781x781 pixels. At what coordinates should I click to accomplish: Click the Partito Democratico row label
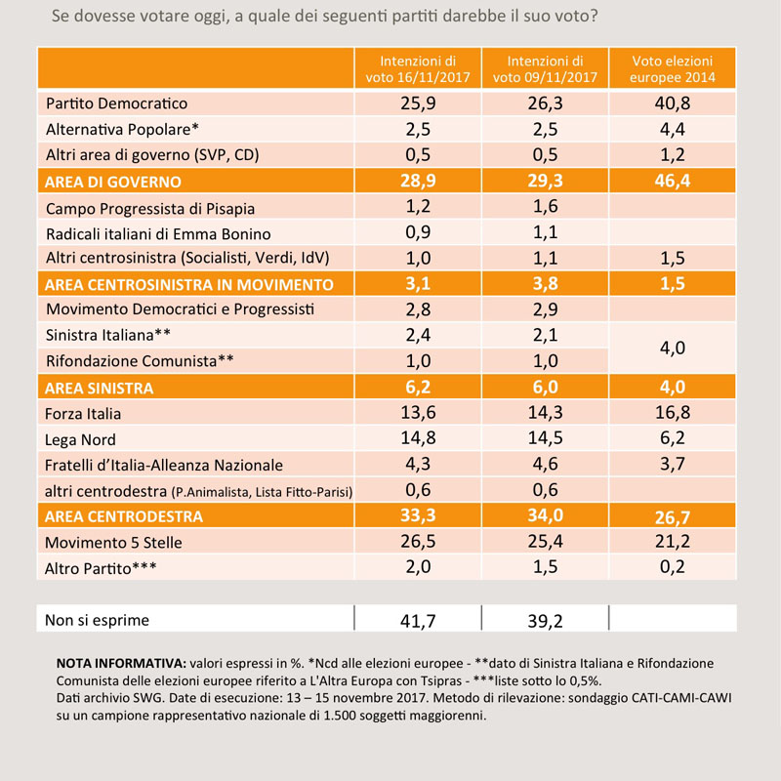[116, 103]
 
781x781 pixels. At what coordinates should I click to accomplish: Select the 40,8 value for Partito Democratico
[673, 103]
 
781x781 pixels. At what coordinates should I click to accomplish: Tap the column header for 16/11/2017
[418, 68]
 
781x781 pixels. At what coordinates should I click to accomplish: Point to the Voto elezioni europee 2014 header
[673, 68]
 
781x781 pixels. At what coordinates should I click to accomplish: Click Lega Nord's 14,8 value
[419, 437]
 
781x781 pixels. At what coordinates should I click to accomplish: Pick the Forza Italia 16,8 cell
[673, 412]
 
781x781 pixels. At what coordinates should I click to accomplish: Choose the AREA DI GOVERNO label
[113, 182]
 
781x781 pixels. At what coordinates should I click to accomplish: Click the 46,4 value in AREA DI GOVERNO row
[673, 181]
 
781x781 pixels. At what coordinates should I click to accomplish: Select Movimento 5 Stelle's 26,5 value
[419, 541]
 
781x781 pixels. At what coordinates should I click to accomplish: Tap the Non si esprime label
[97, 620]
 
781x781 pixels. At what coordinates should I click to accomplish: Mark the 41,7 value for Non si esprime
[418, 621]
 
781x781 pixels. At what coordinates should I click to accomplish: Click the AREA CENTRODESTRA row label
[124, 516]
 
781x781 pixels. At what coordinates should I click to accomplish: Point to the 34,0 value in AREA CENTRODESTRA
[546, 515]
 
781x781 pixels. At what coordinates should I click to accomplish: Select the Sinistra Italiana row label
[108, 335]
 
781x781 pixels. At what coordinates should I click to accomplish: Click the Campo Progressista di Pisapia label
[150, 208]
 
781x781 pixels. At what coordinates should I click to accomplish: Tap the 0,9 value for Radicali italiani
[419, 232]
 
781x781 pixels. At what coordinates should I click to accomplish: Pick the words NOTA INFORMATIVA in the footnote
[121, 663]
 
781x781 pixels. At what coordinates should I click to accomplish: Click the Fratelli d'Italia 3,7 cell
[673, 464]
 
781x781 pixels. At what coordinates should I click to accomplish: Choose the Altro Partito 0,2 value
[673, 566]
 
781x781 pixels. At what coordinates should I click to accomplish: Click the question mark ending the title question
[593, 16]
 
